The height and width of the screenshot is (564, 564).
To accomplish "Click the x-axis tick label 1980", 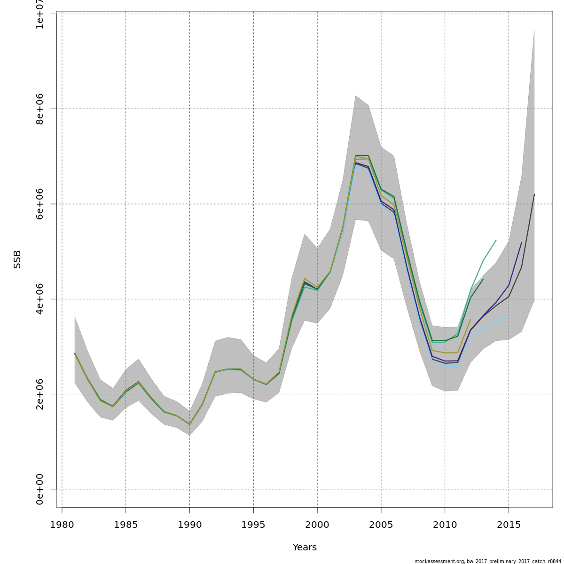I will click(62, 525).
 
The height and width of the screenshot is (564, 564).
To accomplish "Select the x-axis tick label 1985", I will click(126, 525).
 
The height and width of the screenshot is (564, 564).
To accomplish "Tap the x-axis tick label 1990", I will click(190, 525).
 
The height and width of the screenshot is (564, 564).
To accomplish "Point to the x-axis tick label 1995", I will click(253, 525).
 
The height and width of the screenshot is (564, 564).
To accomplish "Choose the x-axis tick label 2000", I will click(317, 525).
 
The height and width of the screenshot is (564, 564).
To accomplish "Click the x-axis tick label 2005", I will click(381, 525).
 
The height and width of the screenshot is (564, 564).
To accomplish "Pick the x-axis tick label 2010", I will click(445, 525).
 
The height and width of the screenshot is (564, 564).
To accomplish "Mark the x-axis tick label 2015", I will click(509, 525).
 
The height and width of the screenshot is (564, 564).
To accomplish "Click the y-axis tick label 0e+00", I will click(40, 489).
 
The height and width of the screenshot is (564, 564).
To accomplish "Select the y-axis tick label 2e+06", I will click(40, 394).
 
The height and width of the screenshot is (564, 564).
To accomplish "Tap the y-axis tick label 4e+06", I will click(40, 299).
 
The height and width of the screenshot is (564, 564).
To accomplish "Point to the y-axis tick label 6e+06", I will click(40, 204).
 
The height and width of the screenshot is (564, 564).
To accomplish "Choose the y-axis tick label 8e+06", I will click(40, 109).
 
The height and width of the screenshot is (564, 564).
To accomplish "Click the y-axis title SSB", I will click(17, 259).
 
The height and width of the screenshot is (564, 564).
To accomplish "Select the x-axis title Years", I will click(305, 548).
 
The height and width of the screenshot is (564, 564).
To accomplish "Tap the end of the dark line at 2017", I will click(534, 195).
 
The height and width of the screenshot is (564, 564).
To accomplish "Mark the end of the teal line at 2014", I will click(496, 240).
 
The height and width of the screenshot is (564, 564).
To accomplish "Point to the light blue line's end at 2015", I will click(509, 317).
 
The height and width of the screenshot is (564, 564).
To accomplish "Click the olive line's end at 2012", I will click(470, 320).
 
